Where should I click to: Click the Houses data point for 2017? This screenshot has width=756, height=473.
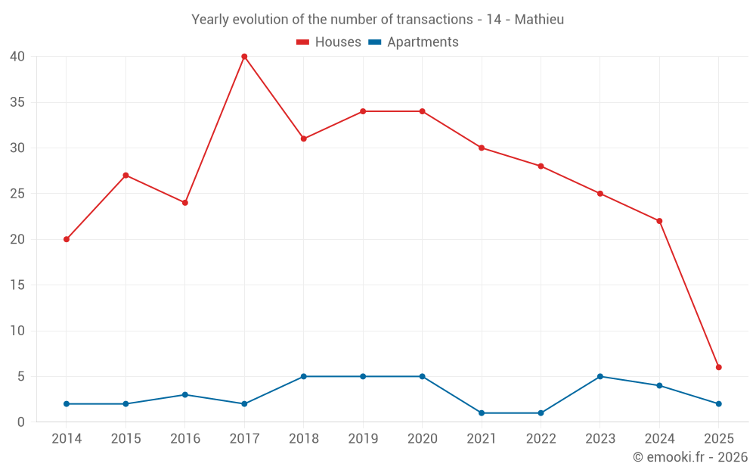coord(244,57)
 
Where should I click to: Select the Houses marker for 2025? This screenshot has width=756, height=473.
coord(718,367)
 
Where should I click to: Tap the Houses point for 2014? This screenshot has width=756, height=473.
coord(67,239)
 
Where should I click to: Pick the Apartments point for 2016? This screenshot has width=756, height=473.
coord(185,394)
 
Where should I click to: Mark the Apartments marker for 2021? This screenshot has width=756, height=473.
coord(482,412)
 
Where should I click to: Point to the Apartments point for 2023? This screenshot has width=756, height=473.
coord(600,376)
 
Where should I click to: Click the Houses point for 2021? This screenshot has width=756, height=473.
coord(482,148)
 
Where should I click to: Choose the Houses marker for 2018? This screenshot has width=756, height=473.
coord(303,138)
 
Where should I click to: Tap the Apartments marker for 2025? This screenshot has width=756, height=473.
coord(718,403)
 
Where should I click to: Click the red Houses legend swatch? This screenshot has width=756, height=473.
coord(302,42)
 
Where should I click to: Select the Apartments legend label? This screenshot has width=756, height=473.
coord(423,42)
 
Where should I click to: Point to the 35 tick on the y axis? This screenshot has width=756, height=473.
coord(17,102)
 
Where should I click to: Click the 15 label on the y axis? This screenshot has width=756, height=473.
coord(17,285)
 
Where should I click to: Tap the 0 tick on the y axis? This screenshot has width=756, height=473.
coord(21,422)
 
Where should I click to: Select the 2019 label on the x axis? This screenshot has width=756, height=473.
coord(363,439)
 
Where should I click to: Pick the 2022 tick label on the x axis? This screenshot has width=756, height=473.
coord(541,439)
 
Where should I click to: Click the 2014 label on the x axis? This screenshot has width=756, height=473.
coord(67,439)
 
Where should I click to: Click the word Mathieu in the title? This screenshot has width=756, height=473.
coord(539,20)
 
